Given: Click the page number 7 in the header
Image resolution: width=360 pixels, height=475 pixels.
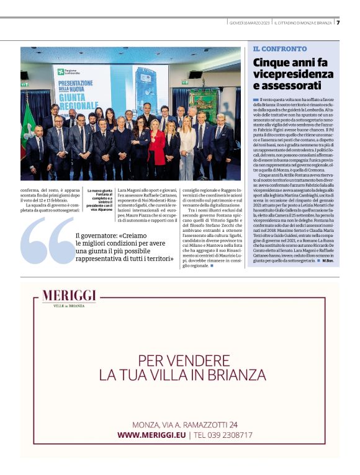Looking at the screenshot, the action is coord(338,22).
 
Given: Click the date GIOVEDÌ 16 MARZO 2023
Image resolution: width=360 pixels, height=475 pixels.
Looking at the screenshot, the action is coord(249,22).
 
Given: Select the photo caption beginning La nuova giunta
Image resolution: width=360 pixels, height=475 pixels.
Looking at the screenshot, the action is coord(99,199).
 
